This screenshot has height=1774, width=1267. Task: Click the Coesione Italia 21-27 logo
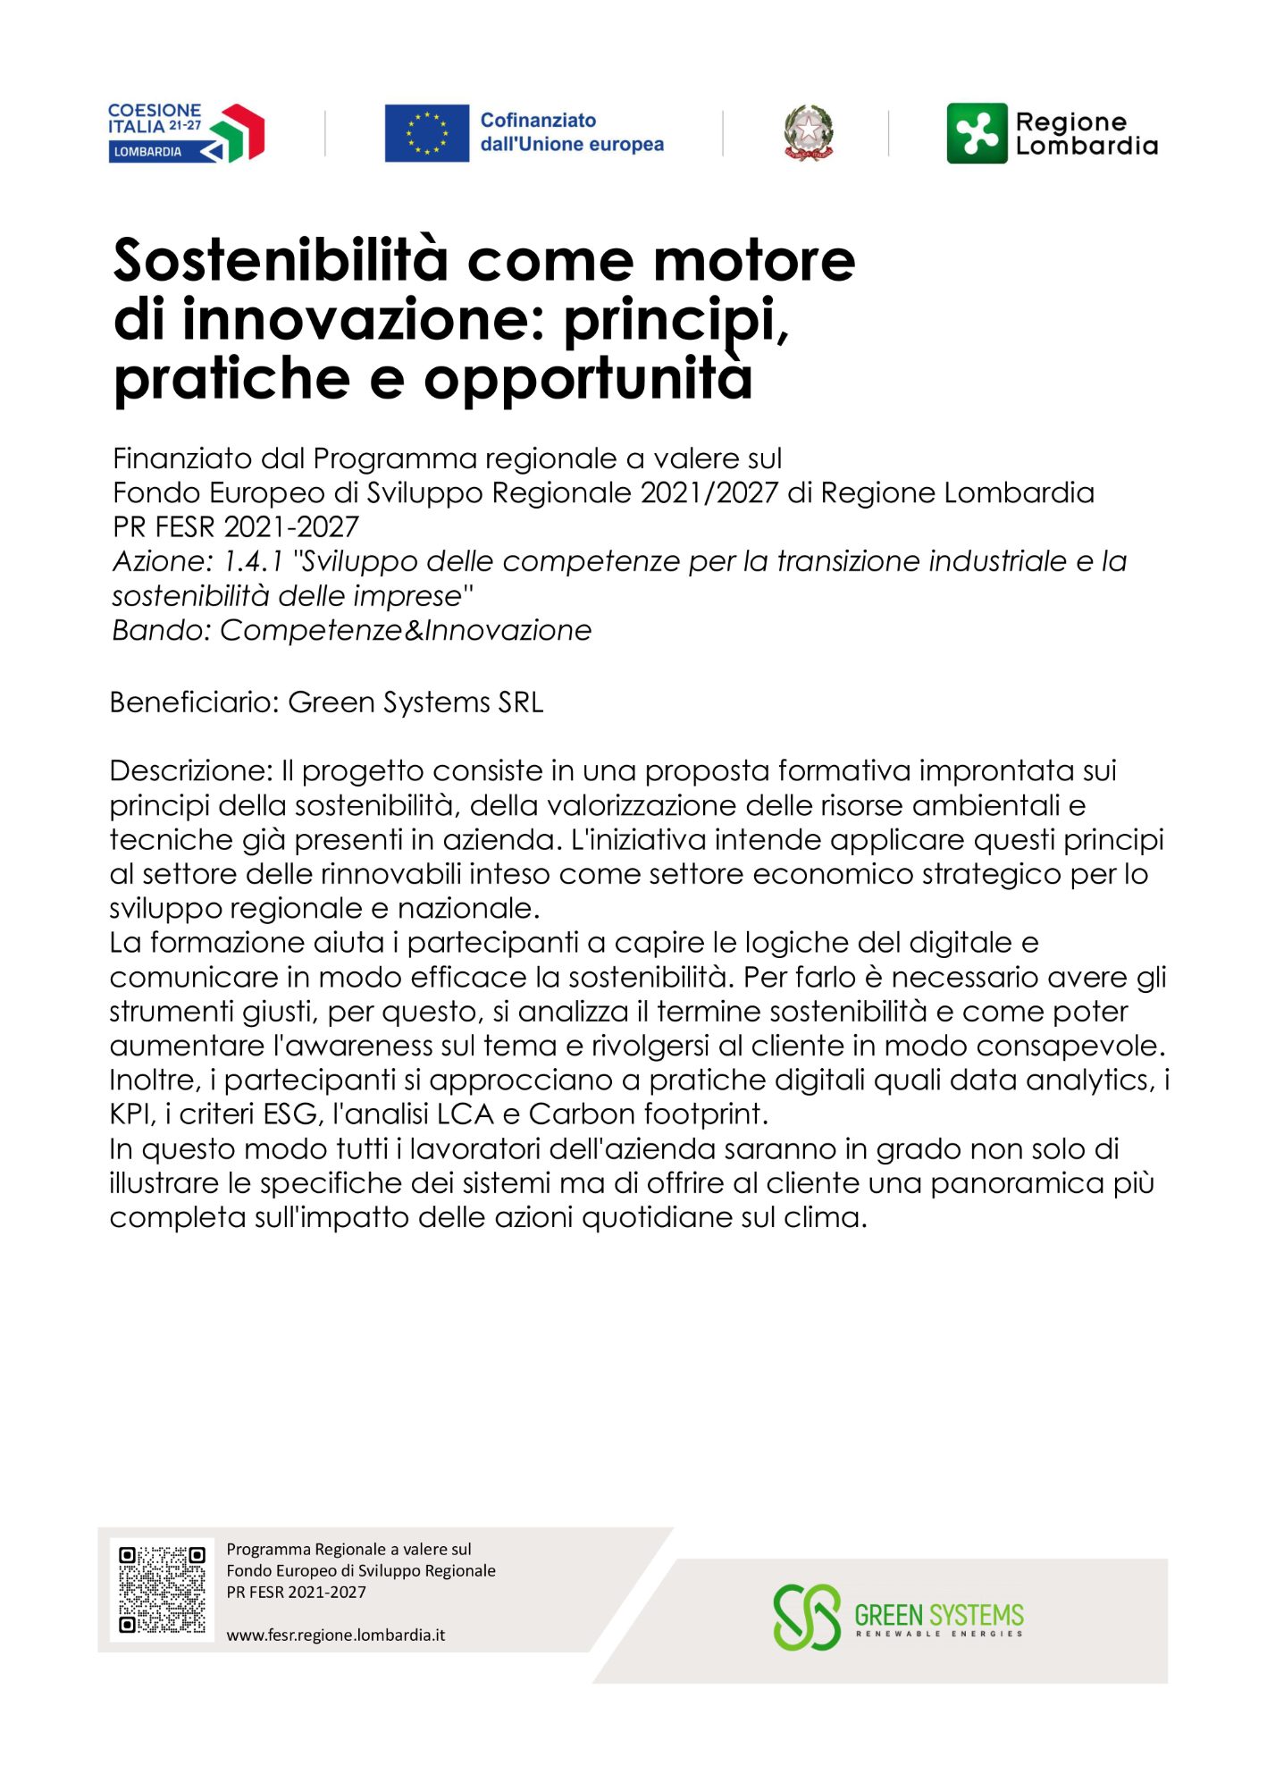tap(186, 132)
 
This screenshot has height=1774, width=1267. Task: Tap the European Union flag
tap(426, 133)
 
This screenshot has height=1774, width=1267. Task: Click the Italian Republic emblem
tap(808, 133)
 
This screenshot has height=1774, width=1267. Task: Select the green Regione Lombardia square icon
tap(977, 133)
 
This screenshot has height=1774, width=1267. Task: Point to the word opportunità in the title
tap(588, 379)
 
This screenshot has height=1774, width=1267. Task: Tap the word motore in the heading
tap(754, 261)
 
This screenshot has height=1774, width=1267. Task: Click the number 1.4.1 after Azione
tap(253, 561)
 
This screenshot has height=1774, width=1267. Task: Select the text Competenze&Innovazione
tap(406, 630)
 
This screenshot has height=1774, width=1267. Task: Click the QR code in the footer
tap(162, 1590)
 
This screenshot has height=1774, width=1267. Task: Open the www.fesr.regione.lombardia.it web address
tap(336, 1635)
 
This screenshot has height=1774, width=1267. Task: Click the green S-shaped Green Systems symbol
tap(807, 1617)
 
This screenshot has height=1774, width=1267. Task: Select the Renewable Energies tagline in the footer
tap(939, 1634)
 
